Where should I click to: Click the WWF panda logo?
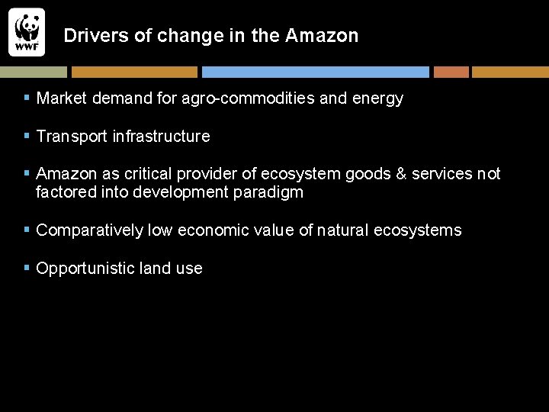27,33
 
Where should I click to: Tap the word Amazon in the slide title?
321,36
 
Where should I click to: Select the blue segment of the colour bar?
315,72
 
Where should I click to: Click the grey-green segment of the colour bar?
34,72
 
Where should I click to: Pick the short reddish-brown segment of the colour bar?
451,72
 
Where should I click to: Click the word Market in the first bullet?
59,98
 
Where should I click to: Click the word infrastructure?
161,137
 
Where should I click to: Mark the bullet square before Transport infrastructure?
27,136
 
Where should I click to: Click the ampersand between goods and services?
401,174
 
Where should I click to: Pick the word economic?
210,230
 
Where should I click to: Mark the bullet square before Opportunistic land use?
27,268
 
